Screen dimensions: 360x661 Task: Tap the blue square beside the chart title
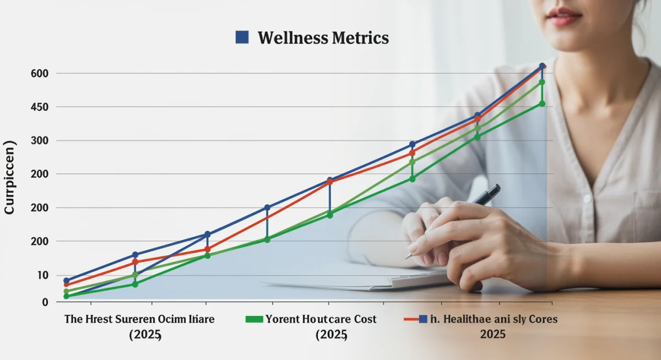[242, 37]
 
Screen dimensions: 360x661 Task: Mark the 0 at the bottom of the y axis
[45, 302]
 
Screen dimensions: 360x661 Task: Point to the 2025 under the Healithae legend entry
[492, 334]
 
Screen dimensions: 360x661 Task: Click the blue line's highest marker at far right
[542, 66]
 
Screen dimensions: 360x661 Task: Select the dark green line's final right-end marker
[542, 103]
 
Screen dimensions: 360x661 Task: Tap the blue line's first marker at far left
[67, 281]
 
